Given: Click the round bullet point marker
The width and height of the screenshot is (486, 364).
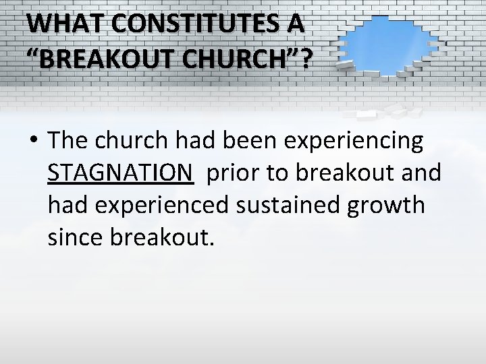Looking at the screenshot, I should tap(34, 142).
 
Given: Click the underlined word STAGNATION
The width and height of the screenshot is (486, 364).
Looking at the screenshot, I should tap(120, 173).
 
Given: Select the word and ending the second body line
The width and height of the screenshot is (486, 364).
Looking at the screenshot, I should tap(421, 173).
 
